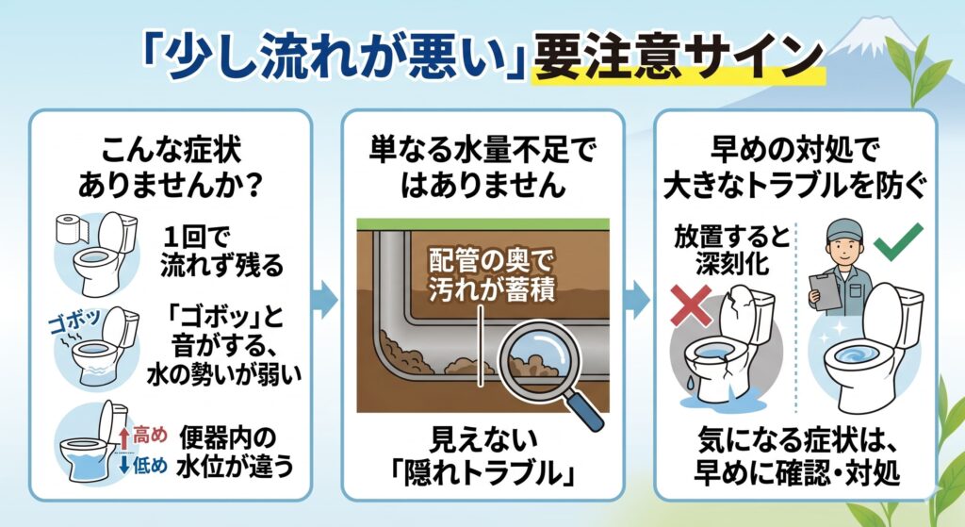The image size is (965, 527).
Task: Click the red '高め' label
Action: [148, 435]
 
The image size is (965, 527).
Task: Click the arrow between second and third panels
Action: [637, 300]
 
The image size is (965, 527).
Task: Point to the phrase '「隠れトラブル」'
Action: [483, 471]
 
